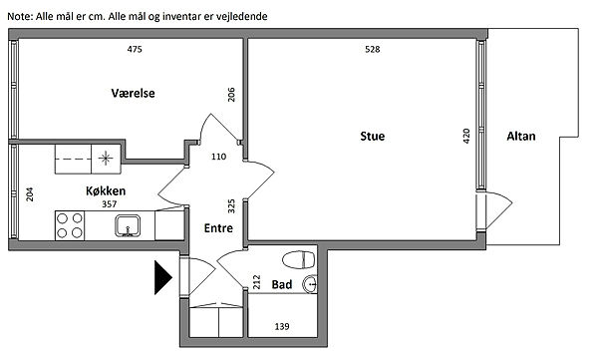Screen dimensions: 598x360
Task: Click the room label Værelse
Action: point(134,93)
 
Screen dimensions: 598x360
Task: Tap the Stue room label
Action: point(372,137)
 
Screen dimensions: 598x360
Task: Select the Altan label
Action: point(521,137)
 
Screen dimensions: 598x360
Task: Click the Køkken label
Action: point(106,190)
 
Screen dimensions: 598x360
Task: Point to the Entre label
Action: point(218,228)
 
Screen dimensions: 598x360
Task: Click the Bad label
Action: point(282,284)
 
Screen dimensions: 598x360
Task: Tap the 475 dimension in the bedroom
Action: point(135,49)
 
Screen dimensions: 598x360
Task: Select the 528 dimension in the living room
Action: point(372,49)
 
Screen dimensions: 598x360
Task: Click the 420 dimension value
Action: point(466,136)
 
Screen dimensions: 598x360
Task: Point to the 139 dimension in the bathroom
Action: point(282,326)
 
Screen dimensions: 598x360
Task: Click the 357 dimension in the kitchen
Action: point(109,204)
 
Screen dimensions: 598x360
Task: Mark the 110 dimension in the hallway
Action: point(218,157)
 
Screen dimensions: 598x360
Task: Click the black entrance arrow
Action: point(162,277)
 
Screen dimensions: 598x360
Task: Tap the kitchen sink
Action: point(128,225)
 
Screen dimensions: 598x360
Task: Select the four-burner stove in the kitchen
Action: point(70,225)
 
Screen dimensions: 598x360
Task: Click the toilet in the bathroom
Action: point(299,260)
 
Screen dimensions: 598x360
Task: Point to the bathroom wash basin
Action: point(310,284)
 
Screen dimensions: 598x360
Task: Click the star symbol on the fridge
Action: point(106,158)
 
